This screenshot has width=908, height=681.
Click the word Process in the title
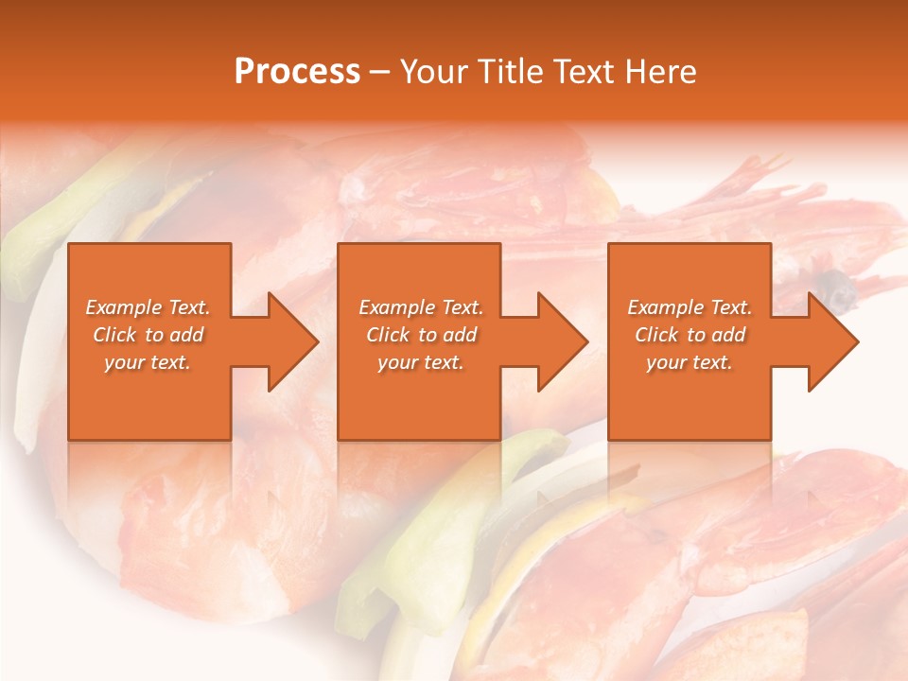click(x=297, y=72)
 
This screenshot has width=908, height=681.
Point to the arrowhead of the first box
click(x=288, y=341)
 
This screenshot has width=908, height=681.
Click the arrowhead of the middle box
click(x=558, y=341)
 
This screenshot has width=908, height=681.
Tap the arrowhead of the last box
click(x=829, y=341)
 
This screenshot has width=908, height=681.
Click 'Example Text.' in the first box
click(x=148, y=307)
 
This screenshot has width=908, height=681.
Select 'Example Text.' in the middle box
click(x=421, y=307)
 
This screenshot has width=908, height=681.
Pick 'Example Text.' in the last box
click(x=690, y=307)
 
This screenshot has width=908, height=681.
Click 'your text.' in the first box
click(x=148, y=362)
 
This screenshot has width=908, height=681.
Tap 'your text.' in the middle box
click(x=421, y=362)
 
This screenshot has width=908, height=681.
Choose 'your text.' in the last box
click(x=690, y=362)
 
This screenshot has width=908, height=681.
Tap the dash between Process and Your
click(x=379, y=72)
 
